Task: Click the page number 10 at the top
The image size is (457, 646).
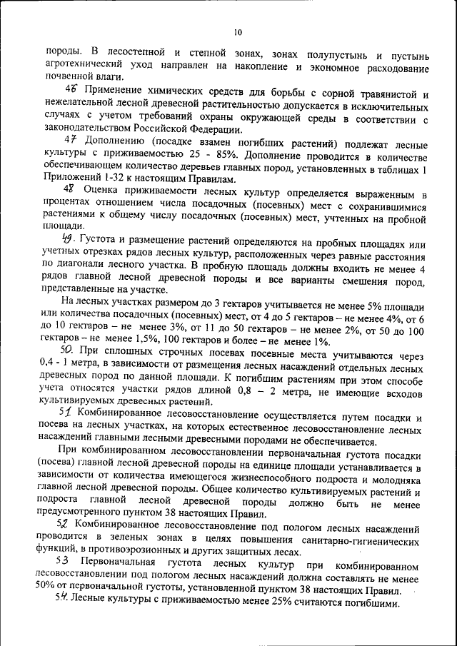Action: click(238, 32)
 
